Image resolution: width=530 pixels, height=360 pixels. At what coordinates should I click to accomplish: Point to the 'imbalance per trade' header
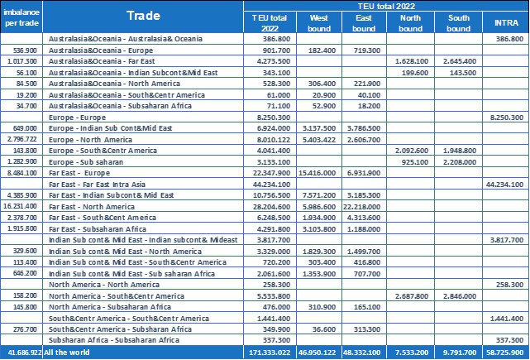(22, 17)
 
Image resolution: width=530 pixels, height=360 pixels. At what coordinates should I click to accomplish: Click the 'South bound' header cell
(459, 22)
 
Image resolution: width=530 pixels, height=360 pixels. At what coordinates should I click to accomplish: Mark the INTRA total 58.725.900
(506, 353)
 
